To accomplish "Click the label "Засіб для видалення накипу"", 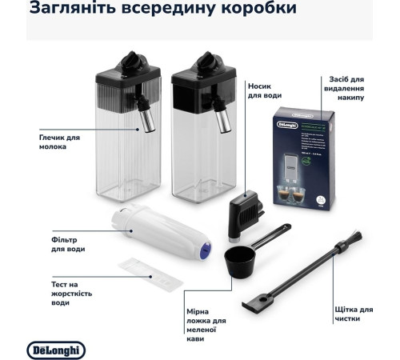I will click(346, 88).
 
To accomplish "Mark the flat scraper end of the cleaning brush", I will click(253, 305).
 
